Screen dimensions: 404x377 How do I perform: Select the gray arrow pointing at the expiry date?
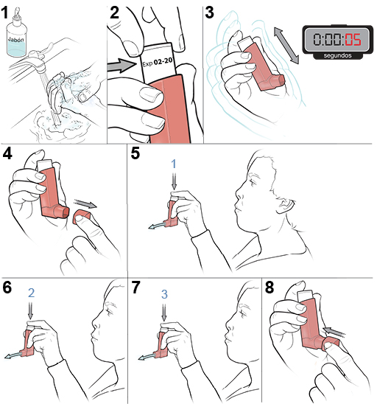tap(120, 66)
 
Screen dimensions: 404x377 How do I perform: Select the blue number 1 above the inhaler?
tap(174, 162)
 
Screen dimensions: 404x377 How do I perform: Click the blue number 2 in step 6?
tap(31, 293)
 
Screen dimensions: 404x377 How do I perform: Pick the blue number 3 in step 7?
tap(165, 293)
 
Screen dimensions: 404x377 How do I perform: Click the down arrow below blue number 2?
tap(31, 312)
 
